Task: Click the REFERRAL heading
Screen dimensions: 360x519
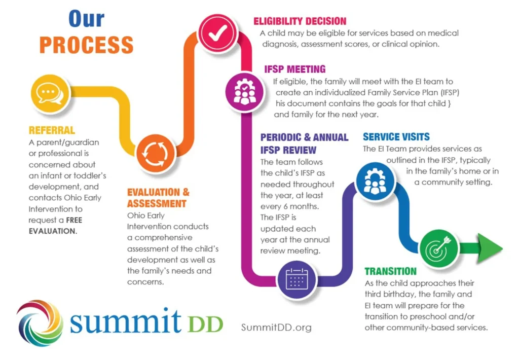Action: point(52,131)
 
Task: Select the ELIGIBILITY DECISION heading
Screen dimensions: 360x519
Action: point(300,21)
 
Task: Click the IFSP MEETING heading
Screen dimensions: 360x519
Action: point(294,69)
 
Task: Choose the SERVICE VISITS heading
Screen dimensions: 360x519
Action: point(396,137)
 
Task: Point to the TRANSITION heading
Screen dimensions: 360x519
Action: point(390,271)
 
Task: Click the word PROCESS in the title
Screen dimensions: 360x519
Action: point(86,45)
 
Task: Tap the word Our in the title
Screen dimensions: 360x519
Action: point(86,19)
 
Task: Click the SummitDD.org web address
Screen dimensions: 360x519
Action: point(276,328)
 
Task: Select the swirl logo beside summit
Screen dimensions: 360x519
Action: point(39,322)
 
